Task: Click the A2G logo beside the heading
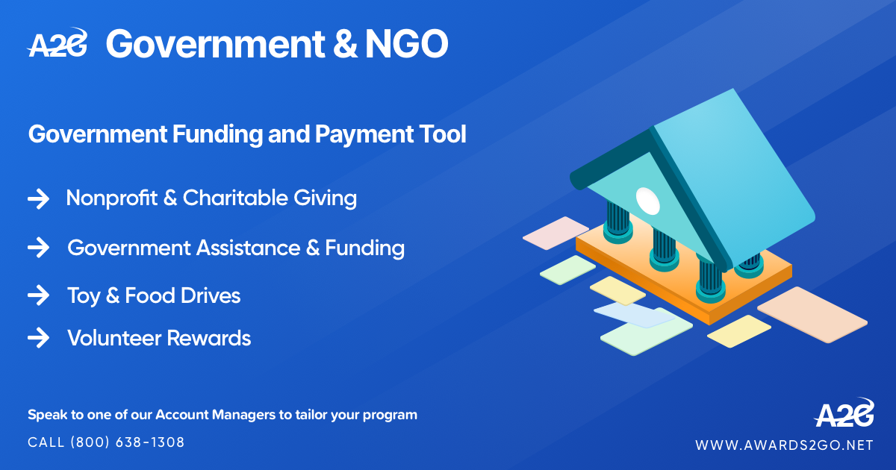click(x=57, y=45)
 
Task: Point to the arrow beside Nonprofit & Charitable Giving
click(x=38, y=199)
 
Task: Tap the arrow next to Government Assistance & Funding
click(x=38, y=248)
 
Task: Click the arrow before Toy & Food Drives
click(x=38, y=296)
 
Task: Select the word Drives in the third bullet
click(x=211, y=296)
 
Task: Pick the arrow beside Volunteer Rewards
click(x=38, y=339)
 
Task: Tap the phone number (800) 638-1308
click(x=128, y=442)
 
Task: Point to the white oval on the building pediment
click(x=647, y=199)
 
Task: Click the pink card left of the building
click(x=556, y=233)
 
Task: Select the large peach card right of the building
click(x=812, y=314)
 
